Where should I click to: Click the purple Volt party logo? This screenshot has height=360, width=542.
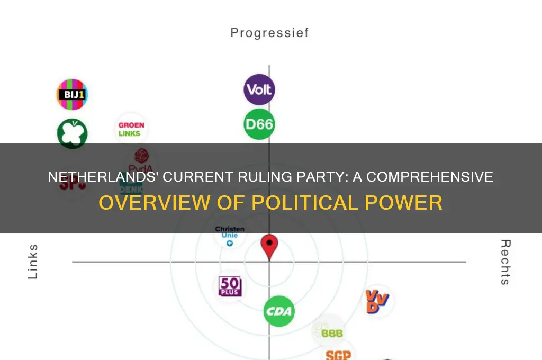click(259, 89)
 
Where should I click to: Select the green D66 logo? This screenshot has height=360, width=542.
click(259, 124)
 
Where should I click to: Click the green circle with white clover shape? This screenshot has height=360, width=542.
click(72, 133)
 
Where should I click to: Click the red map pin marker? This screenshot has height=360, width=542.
click(269, 247)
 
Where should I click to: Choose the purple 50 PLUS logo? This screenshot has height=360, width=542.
click(230, 286)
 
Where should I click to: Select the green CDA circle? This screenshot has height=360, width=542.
click(279, 311)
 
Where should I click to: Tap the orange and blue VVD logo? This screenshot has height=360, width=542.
click(378, 302)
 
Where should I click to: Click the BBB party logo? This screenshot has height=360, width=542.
click(328, 331)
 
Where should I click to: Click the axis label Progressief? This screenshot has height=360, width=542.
click(269, 33)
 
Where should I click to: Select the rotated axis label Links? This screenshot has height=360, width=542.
click(33, 262)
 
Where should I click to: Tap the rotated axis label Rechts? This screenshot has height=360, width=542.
click(505, 262)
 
